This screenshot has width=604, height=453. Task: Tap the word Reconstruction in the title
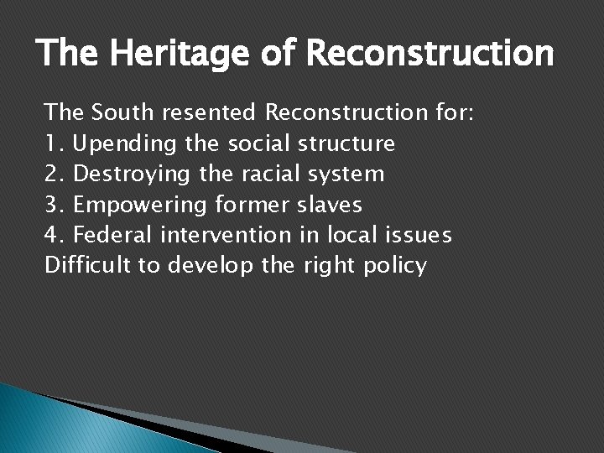coord(430,54)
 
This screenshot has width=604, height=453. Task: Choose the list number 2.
coord(53,174)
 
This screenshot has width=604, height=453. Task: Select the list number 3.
coord(53,206)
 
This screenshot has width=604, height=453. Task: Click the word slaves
coord(331,206)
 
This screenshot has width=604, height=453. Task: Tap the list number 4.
coord(53,236)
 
